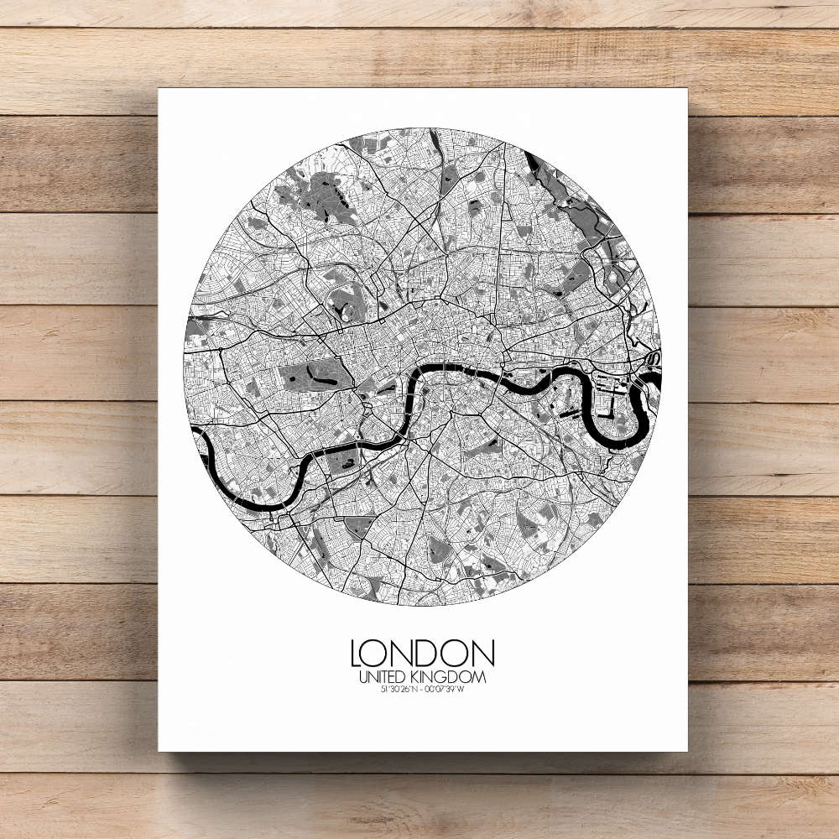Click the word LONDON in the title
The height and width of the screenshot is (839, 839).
[422, 654]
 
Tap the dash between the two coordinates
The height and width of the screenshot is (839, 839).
[421, 690]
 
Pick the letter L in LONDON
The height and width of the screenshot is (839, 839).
[357, 654]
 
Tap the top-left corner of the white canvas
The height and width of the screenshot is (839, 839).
[159, 89]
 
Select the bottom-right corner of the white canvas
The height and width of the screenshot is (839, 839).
[687, 751]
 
